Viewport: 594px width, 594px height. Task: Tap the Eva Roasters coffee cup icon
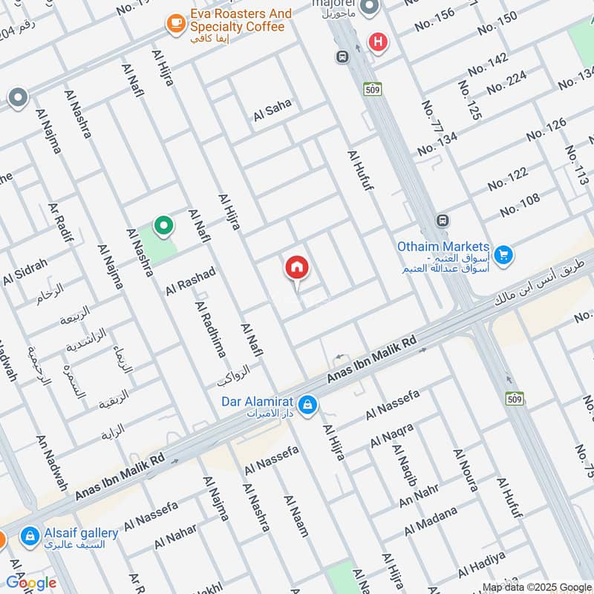click(176, 23)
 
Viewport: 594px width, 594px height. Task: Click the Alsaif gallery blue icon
click(30, 535)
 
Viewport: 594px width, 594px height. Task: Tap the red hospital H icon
click(379, 42)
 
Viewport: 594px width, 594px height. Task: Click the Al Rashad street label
click(190, 281)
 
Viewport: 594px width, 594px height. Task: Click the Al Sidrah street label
click(25, 272)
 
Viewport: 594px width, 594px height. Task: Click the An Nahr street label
click(419, 496)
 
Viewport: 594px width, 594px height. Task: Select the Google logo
click(31, 583)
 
